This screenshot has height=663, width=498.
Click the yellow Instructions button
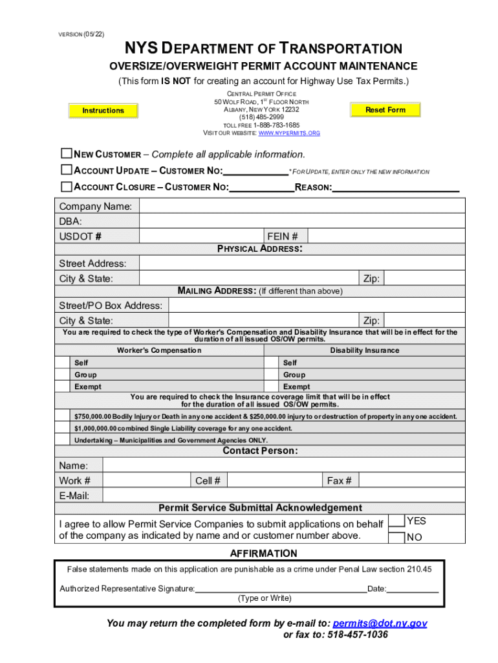(x=103, y=111)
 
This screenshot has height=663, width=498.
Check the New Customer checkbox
(x=66, y=154)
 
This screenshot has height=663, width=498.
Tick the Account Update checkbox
(x=66, y=170)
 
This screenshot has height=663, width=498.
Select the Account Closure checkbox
(x=66, y=186)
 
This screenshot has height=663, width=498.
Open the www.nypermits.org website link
(x=288, y=133)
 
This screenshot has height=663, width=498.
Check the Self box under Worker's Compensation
(x=63, y=363)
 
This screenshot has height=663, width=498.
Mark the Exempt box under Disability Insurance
(x=272, y=387)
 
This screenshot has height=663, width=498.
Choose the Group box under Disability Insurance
(x=272, y=375)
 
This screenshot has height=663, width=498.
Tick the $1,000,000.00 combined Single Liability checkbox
(x=63, y=429)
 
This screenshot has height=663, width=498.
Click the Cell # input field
(x=274, y=480)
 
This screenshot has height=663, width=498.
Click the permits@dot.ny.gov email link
(x=380, y=624)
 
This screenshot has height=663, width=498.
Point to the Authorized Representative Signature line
(x=280, y=588)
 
